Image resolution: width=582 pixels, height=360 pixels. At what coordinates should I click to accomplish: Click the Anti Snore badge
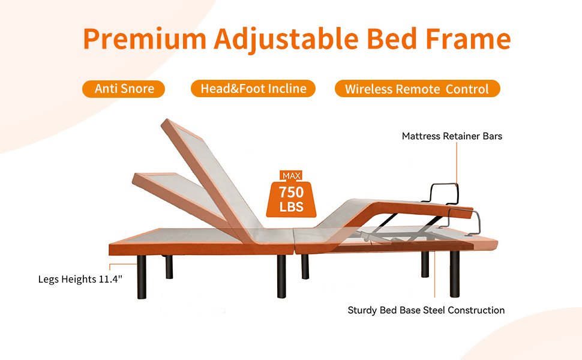coord(124,89)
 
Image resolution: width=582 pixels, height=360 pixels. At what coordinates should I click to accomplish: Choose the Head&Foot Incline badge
coord(253,89)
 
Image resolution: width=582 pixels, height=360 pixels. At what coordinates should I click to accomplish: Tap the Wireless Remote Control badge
coord(417,89)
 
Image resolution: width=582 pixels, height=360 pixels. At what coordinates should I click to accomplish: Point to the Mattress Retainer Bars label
coord(452,136)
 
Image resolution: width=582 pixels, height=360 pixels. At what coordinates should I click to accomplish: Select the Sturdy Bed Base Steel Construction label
coord(426,310)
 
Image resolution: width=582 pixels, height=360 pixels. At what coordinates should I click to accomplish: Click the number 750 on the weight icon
coord(291,193)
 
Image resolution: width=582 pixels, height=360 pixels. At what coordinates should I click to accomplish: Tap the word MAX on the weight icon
coord(291,176)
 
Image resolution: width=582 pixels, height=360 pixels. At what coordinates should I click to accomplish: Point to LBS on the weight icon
coord(291,208)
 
